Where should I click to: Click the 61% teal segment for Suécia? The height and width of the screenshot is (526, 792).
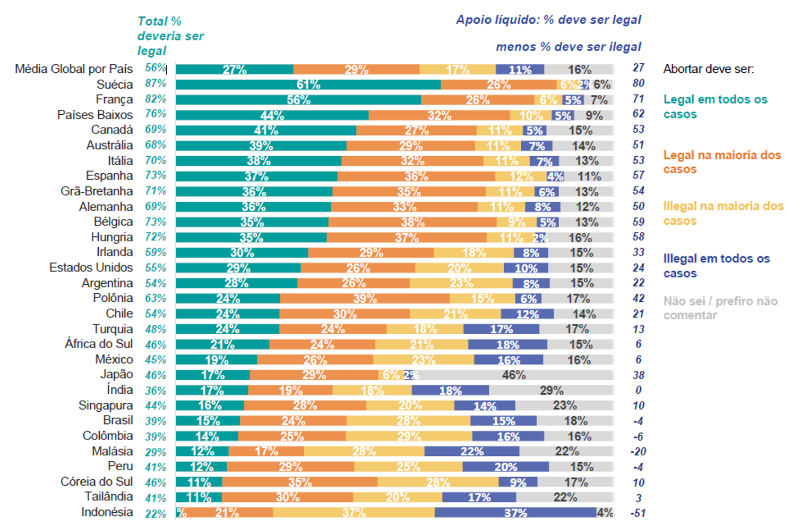pyautogui.click(x=308, y=84)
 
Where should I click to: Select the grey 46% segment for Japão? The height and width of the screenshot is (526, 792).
pyautogui.click(x=514, y=375)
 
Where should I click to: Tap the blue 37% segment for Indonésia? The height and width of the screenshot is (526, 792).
pyautogui.click(x=515, y=513)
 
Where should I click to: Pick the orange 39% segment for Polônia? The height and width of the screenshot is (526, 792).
pyautogui.click(x=365, y=299)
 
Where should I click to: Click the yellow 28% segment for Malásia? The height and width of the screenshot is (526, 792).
pyautogui.click(x=364, y=452)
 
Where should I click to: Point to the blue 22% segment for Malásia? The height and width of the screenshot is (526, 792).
pyautogui.click(x=472, y=452)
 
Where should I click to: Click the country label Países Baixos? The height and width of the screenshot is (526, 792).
pyautogui.click(x=95, y=115)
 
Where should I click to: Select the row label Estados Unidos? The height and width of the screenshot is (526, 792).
pyautogui.click(x=91, y=268)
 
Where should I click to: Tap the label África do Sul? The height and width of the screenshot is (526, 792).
pyautogui.click(x=99, y=344)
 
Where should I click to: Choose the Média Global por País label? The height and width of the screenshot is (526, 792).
pyautogui.click(x=74, y=69)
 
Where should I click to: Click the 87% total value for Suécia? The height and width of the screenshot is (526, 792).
pyautogui.click(x=156, y=84)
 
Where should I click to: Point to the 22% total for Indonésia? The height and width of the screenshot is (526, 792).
pyautogui.click(x=156, y=514)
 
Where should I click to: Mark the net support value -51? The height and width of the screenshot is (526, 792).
pyautogui.click(x=638, y=513)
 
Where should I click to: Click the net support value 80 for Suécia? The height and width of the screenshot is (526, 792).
pyautogui.click(x=639, y=83)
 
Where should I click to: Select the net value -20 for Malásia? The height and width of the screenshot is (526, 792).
pyautogui.click(x=638, y=452)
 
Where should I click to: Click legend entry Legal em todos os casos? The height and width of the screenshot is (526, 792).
pyautogui.click(x=715, y=107)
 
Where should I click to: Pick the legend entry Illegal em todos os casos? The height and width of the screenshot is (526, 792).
pyautogui.click(x=716, y=266)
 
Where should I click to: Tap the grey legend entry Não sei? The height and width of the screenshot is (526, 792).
pyautogui.click(x=720, y=308)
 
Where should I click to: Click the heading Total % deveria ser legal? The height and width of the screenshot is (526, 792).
pyautogui.click(x=170, y=36)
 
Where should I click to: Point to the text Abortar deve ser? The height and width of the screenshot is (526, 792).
pyautogui.click(x=708, y=69)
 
